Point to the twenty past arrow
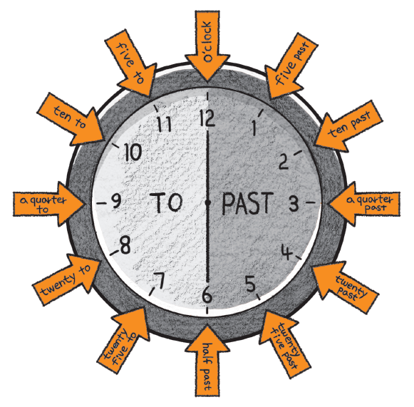(x=346, y=287)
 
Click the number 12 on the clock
(x=207, y=118)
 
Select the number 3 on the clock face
(x=294, y=204)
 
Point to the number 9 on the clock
(x=115, y=201)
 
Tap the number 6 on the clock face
(x=207, y=295)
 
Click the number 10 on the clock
(x=133, y=153)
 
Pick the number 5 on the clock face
(x=250, y=284)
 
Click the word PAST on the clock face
(x=247, y=203)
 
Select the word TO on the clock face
(x=166, y=202)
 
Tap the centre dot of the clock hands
(x=208, y=202)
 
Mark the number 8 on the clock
(x=125, y=245)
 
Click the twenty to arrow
(x=67, y=279)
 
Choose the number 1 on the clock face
(x=254, y=128)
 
